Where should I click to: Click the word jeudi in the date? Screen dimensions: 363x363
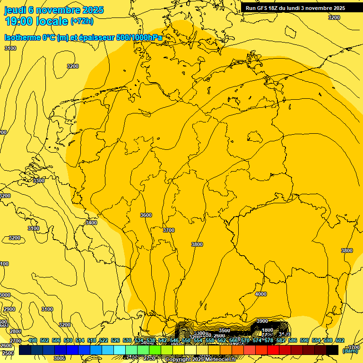tap(15, 10)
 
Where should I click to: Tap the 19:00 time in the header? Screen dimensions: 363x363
tap(18, 21)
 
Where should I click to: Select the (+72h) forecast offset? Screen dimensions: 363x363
tap(82, 21)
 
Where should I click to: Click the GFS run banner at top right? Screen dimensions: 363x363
tap(295, 8)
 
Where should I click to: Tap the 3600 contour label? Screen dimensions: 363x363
tap(146, 215)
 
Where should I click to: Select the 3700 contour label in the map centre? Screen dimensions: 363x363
tap(168, 230)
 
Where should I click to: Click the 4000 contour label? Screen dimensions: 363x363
tap(261, 294)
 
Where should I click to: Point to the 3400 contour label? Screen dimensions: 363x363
tap(91, 223)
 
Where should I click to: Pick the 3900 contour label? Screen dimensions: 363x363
tap(262, 321)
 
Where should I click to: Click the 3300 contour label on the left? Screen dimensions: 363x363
tap(39, 181)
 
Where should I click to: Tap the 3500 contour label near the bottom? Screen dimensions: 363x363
tap(225, 330)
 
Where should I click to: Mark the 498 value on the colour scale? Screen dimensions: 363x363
tap(33, 340)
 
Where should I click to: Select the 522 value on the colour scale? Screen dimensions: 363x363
tap(104, 340)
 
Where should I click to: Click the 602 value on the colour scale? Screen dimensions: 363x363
tap(340, 340)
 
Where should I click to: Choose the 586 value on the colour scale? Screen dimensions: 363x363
tap(293, 340)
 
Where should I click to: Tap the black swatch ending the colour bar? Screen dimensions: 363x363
tap(332, 350)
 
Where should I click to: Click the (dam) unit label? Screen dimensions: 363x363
tap(350, 351)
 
